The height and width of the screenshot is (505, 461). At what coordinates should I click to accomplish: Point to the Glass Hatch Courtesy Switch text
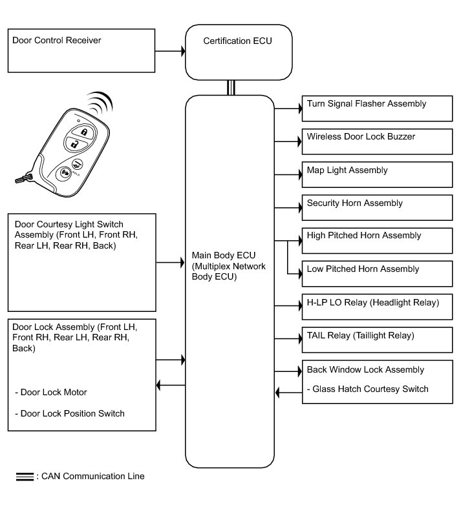(x=367, y=389)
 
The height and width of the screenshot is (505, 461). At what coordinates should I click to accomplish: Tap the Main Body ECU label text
(x=229, y=265)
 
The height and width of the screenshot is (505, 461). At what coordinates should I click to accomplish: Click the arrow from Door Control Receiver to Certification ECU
(x=170, y=50)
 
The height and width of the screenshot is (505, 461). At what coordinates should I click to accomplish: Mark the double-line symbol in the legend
(x=25, y=477)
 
